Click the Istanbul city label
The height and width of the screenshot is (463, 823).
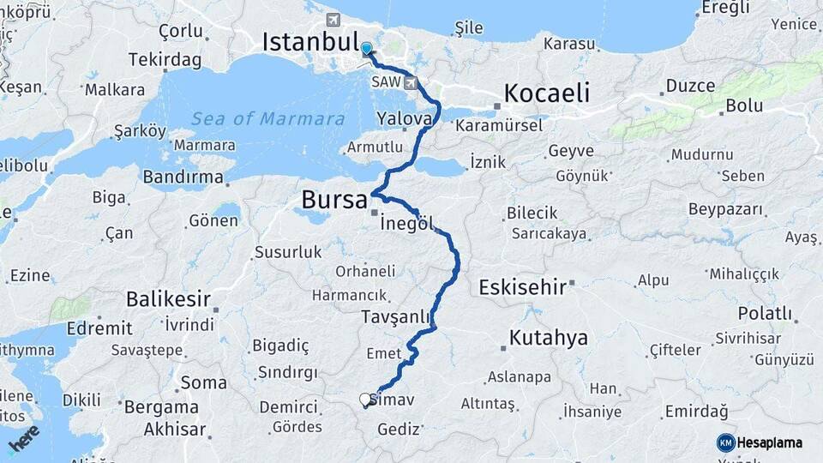(310, 41)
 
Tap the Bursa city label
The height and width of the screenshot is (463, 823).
(334, 200)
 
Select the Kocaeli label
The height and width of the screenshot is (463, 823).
(547, 93)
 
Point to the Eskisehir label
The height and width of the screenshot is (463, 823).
(522, 286)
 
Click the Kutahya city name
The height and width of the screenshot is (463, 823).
(549, 338)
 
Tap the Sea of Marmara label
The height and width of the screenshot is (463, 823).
(267, 118)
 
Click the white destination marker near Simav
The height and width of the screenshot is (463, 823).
(365, 400)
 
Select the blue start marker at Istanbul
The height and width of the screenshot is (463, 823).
(367, 49)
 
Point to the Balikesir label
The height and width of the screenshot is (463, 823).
(168, 299)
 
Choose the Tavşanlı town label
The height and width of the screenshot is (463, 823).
(395, 316)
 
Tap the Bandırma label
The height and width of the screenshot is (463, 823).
(183, 177)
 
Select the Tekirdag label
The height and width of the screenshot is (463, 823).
(165, 60)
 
